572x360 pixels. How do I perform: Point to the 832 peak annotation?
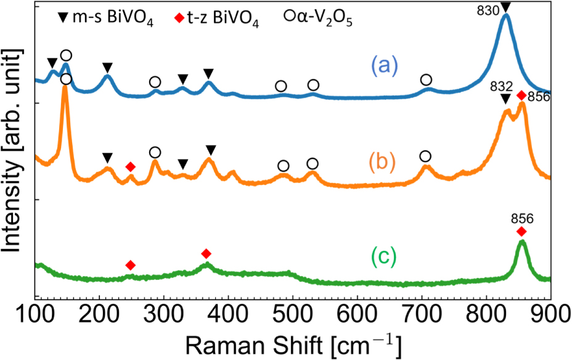tap(499, 85)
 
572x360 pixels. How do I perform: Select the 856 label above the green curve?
tap(521, 218)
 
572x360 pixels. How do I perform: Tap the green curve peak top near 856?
tap(522, 241)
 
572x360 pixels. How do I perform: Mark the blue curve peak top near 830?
tap(506, 15)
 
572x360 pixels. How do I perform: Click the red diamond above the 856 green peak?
tap(521, 231)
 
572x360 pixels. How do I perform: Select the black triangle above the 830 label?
tap(506, 7)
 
